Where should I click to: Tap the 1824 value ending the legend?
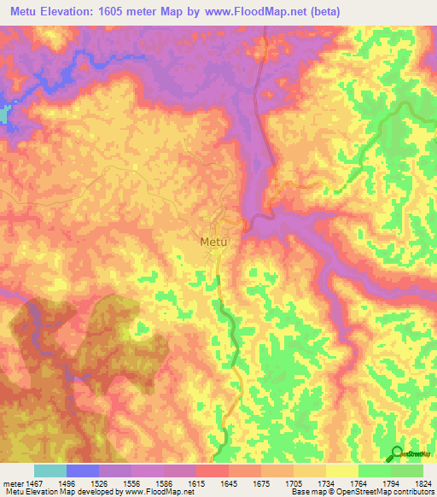[x=423, y=482]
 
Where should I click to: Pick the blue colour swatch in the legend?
[x=83, y=471]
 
